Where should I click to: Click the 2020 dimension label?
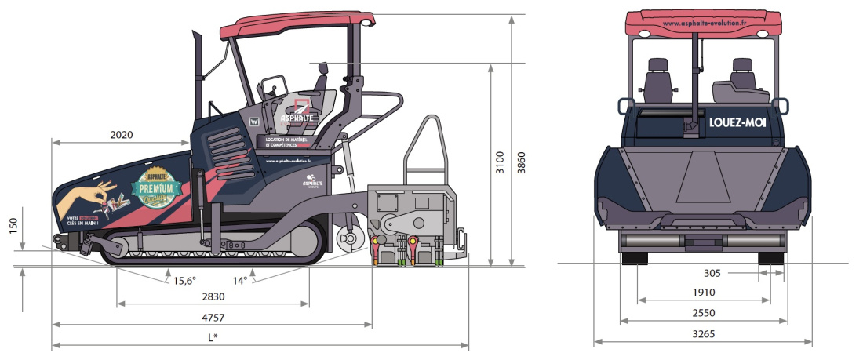point(122,135)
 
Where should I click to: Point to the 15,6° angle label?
point(186,280)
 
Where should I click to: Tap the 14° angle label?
point(240,280)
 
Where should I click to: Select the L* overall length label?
point(212,338)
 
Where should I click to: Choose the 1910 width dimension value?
point(703,293)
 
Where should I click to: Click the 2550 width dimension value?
point(703,313)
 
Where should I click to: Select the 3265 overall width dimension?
point(703,334)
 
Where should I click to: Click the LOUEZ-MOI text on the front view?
point(737,123)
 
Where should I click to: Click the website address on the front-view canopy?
point(704,24)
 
